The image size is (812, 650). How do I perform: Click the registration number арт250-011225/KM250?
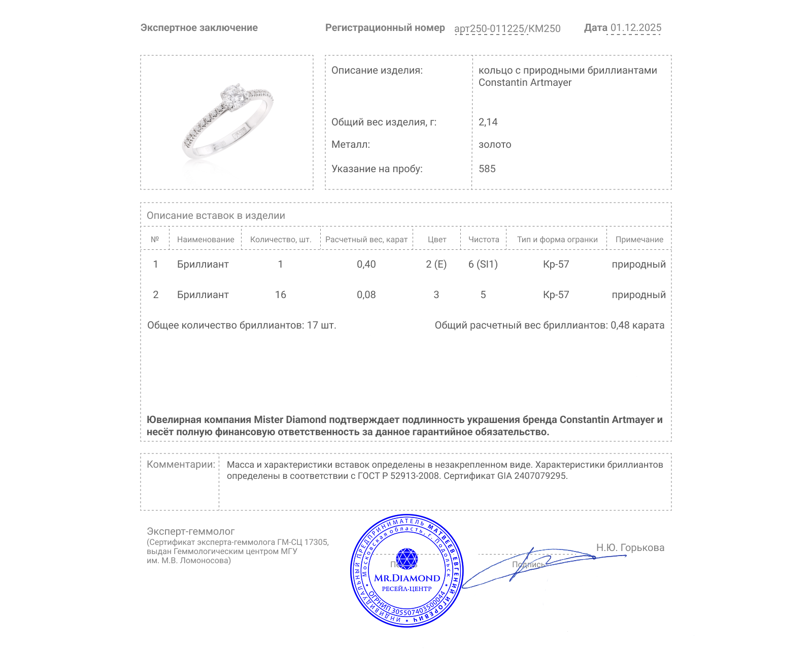coord(507,28)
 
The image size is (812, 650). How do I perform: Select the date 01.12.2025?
coord(635,28)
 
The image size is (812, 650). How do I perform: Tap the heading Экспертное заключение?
coord(199,28)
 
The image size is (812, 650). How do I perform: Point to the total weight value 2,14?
coord(488,122)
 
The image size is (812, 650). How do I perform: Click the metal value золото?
coord(494,145)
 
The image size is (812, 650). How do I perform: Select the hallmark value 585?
coord(487,169)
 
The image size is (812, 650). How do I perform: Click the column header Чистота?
coord(483,240)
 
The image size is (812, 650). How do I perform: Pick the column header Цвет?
coord(436,240)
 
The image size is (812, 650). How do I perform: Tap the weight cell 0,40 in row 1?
coord(366,265)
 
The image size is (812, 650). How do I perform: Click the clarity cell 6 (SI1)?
coord(483,265)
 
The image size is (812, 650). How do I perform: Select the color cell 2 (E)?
coord(436,265)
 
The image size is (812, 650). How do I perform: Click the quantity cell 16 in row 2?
coord(280,295)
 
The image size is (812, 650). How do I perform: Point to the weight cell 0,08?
coord(366,295)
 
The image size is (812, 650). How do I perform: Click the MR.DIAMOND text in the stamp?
coord(407,578)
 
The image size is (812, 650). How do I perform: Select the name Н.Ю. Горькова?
coord(630,548)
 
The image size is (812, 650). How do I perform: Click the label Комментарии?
coord(181,465)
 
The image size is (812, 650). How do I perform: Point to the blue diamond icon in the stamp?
coord(407,559)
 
